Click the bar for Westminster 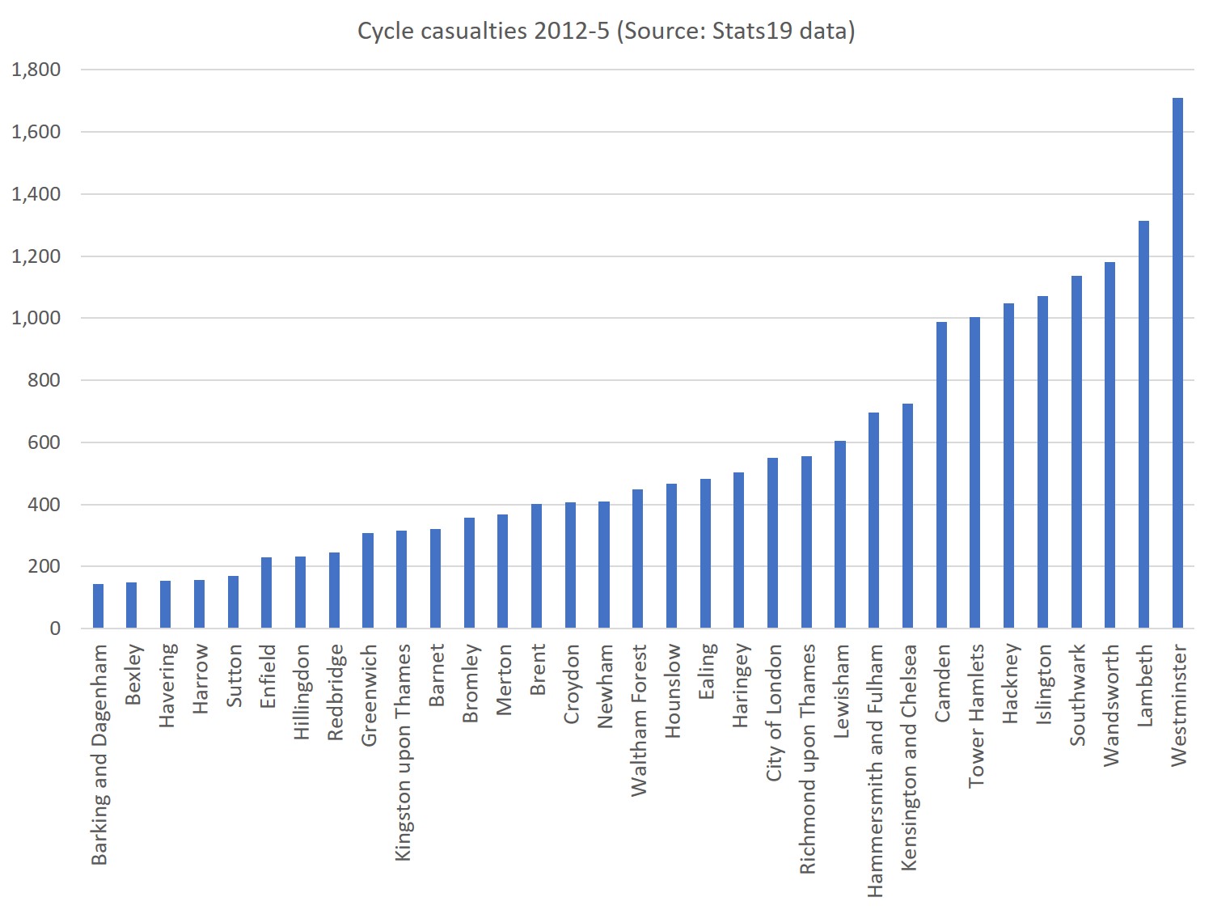(x=1177, y=363)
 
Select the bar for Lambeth (x=1143, y=425)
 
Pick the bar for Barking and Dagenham (x=99, y=606)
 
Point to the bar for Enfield (x=267, y=593)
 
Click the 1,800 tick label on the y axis (x=36, y=70)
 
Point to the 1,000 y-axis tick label (x=36, y=318)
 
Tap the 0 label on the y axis (x=55, y=629)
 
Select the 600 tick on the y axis (x=44, y=442)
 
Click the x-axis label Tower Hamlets (x=976, y=715)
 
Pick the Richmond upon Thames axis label (x=807, y=759)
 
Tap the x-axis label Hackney (x=1010, y=684)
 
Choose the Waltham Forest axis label (x=639, y=719)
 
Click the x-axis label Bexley (x=133, y=675)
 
